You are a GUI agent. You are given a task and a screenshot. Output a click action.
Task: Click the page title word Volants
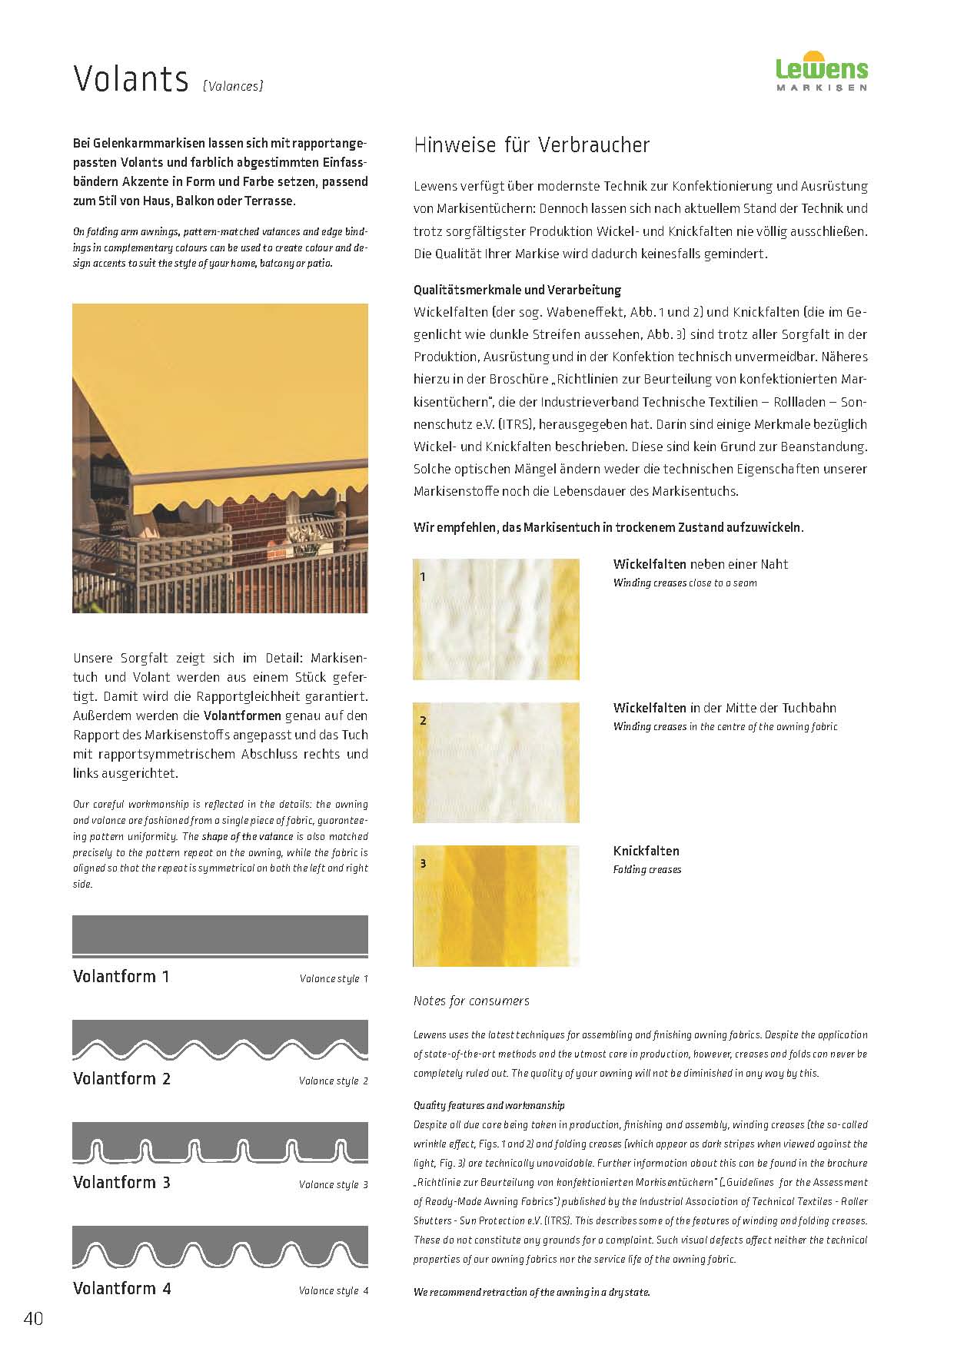click(131, 79)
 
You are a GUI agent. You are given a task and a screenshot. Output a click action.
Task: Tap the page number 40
click(33, 1319)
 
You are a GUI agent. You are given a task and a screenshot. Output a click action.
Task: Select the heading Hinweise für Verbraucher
click(531, 145)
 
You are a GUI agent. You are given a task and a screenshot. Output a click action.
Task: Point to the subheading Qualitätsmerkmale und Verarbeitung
click(517, 290)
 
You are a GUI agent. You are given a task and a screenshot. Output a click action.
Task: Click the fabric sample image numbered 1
click(496, 619)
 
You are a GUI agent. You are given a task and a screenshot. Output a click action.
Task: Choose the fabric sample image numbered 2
click(496, 762)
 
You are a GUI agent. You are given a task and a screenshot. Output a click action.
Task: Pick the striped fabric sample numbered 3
click(496, 906)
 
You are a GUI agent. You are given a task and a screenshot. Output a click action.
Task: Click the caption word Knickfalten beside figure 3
click(646, 851)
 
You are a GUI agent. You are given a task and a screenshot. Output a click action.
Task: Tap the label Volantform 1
click(121, 977)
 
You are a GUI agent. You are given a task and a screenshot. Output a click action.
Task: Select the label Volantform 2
click(121, 1079)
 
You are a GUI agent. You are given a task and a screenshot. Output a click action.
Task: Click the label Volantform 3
click(121, 1183)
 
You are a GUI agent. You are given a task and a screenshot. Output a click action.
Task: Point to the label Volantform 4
click(121, 1289)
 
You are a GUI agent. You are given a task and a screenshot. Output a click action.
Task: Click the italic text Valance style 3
click(333, 1184)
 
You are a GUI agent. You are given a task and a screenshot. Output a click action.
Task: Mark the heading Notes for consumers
click(471, 1001)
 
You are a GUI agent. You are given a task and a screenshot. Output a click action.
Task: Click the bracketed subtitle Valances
click(233, 86)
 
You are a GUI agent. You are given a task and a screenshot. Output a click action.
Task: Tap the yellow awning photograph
click(220, 458)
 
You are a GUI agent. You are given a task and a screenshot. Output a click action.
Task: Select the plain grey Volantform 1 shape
click(220, 936)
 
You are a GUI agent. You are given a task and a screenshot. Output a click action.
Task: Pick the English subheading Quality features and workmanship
click(489, 1105)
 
